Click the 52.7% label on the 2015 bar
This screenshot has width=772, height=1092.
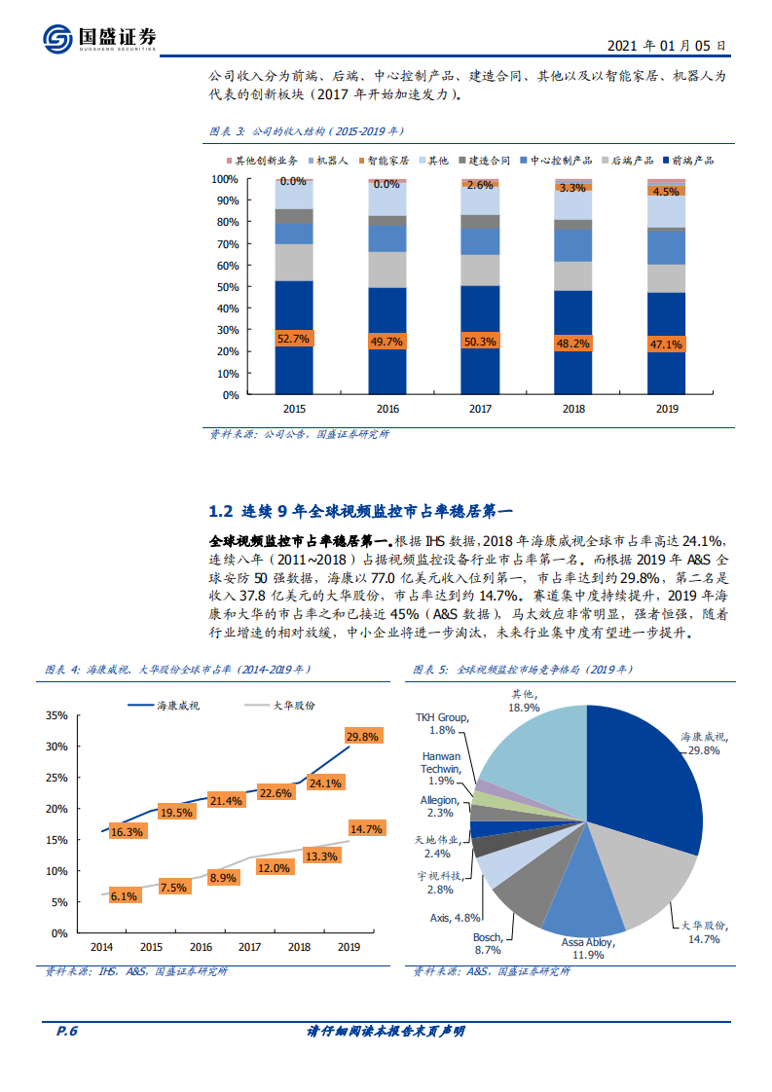(293, 339)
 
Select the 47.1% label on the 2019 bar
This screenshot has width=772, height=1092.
(666, 344)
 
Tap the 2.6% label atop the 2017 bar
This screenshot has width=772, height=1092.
(479, 185)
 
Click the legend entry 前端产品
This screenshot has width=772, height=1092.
(694, 160)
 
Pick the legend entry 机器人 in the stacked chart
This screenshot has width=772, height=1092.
(328, 160)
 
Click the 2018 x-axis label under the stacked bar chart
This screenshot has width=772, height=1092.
(572, 410)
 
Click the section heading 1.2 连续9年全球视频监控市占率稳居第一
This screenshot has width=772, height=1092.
(360, 510)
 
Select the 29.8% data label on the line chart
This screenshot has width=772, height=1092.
(361, 737)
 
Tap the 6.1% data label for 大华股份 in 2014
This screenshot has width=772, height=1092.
(124, 896)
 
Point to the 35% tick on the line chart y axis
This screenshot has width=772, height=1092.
(56, 715)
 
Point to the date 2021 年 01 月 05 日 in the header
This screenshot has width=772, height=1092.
(665, 45)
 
